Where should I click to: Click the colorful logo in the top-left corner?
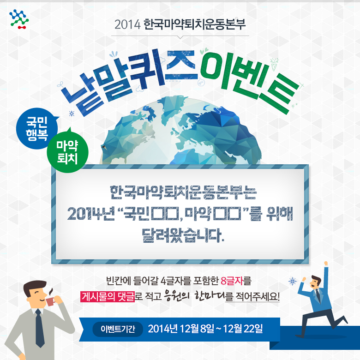click(19, 19)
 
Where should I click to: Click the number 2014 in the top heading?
click(127, 24)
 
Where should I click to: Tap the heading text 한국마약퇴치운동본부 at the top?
click(195, 24)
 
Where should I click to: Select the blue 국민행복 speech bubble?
click(37, 128)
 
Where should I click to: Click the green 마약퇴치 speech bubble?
click(67, 151)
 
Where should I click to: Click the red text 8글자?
click(232, 281)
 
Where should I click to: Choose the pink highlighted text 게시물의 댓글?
click(108, 296)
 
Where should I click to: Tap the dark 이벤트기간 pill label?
click(118, 329)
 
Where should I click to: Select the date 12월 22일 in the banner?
click(243, 329)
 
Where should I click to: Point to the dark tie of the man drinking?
click(40, 328)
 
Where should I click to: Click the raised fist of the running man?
click(326, 264)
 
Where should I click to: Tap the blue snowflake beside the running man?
click(293, 281)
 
